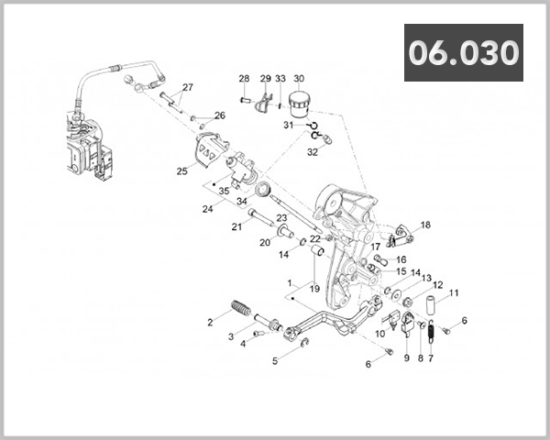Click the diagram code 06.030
463,53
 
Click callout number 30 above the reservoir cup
299,79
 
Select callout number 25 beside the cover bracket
181,170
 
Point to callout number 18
424,225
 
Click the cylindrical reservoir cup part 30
299,103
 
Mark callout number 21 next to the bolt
236,226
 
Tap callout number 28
245,79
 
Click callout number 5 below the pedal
274,361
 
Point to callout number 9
406,357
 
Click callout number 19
314,289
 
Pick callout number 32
313,152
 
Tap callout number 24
208,208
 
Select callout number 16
401,259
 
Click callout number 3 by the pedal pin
231,337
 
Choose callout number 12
437,285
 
